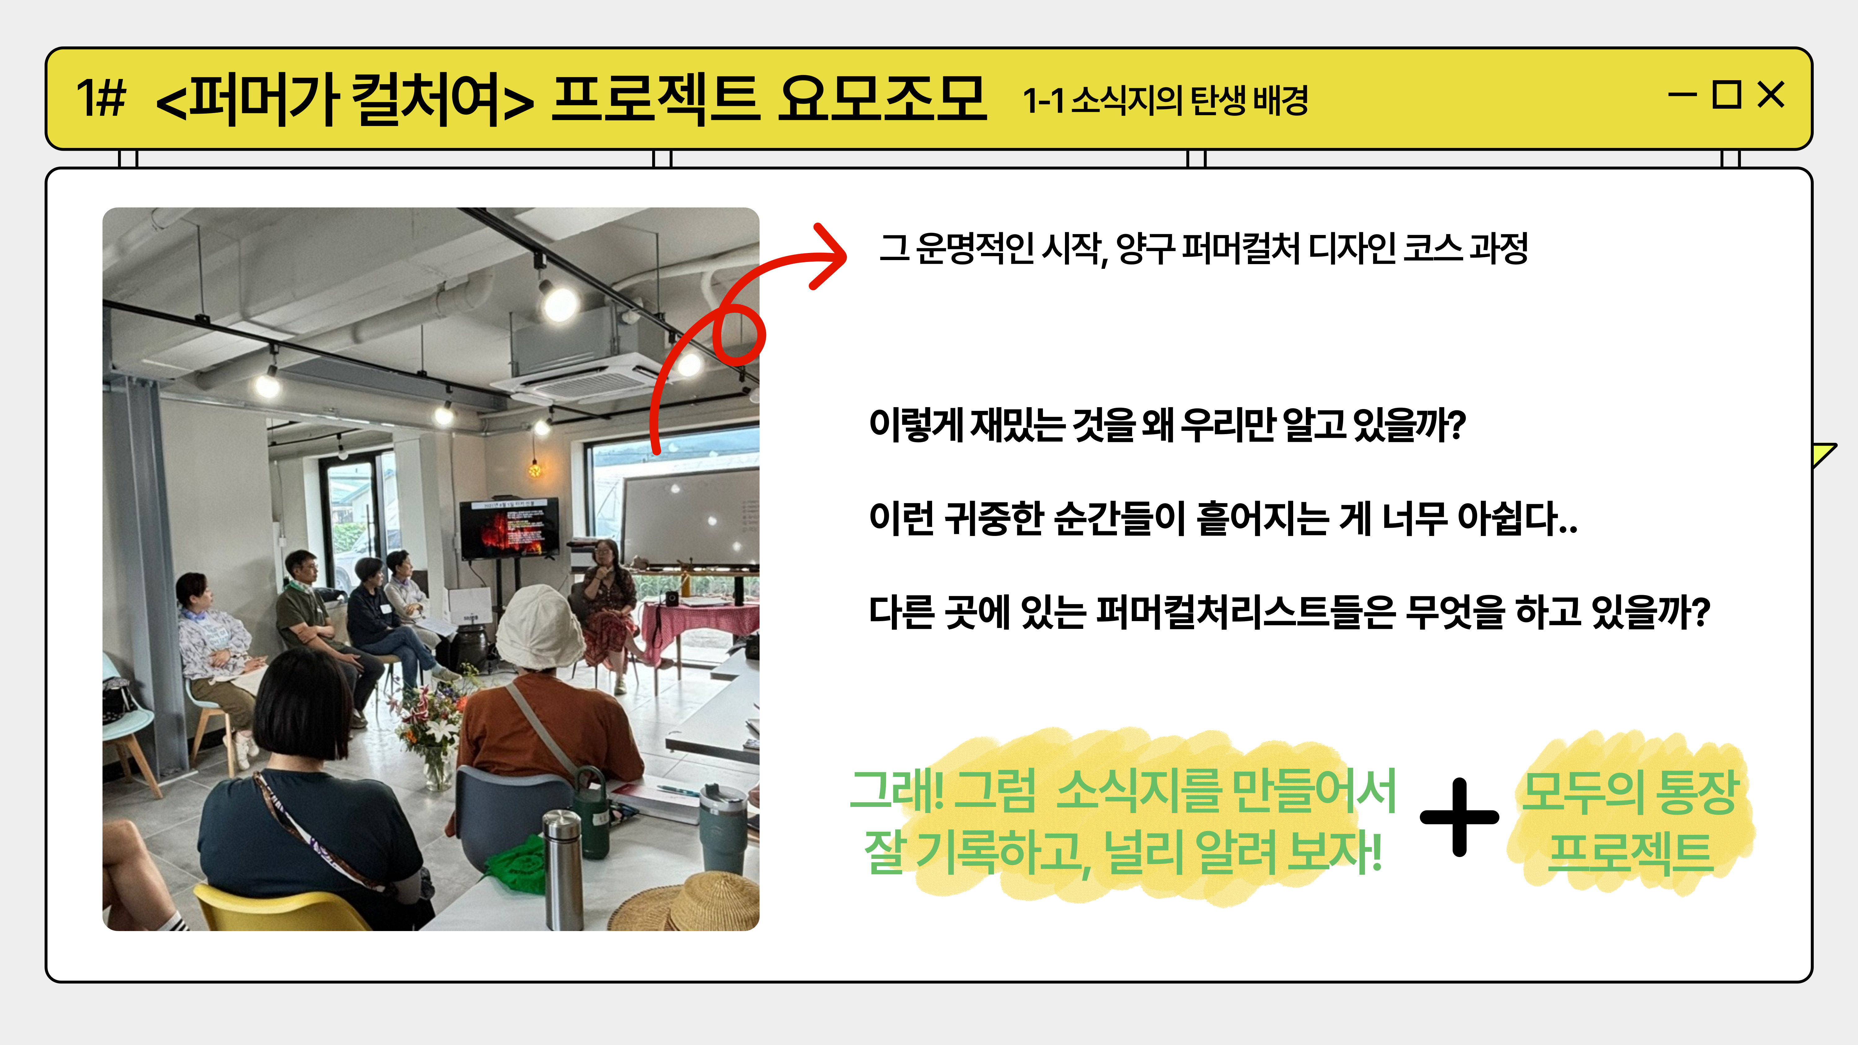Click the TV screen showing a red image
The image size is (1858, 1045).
509,527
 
